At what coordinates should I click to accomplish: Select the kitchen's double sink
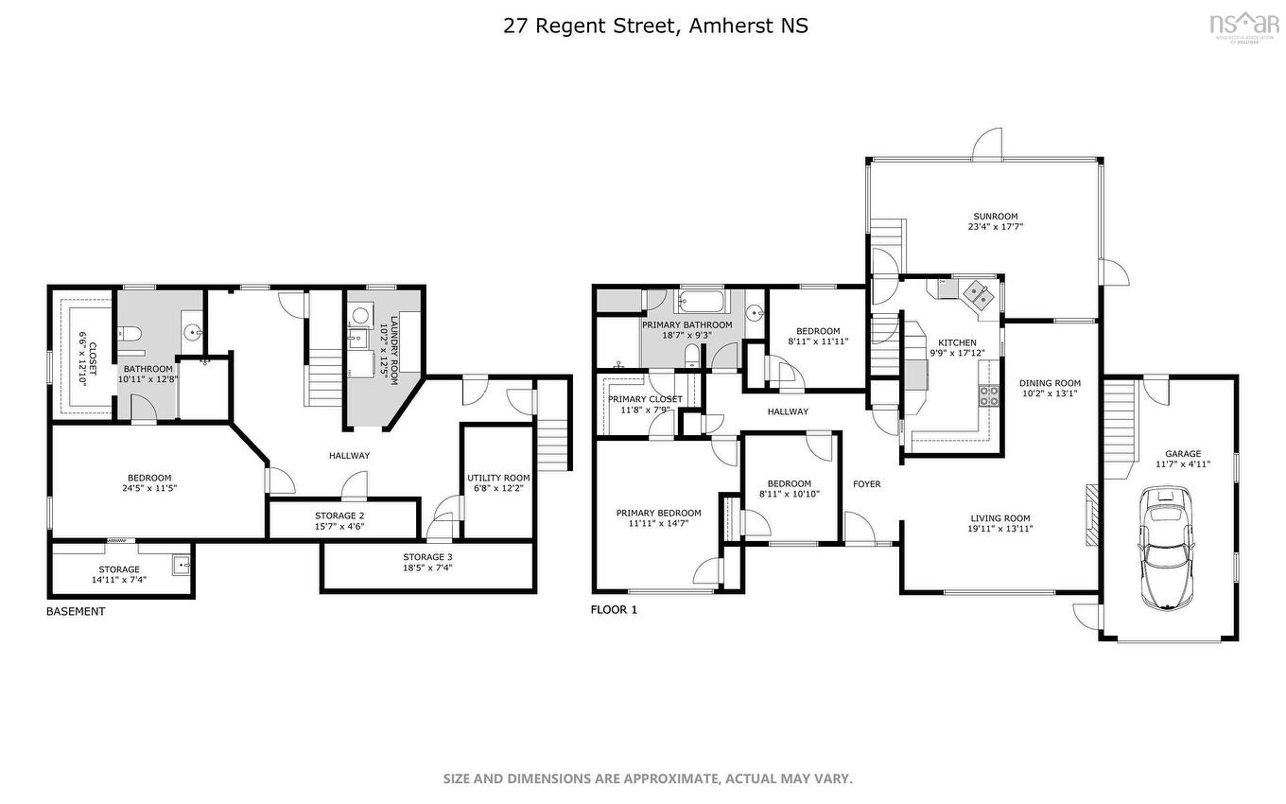(x=977, y=297)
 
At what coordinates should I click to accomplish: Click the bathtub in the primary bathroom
(x=700, y=304)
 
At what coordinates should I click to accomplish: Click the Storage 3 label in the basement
(x=427, y=557)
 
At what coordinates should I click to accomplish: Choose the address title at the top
(x=655, y=26)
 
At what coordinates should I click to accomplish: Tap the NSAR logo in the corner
(x=1243, y=23)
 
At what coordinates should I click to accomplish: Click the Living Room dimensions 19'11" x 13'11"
(x=999, y=529)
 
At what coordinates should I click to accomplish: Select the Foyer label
(x=866, y=484)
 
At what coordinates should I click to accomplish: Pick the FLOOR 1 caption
(x=614, y=610)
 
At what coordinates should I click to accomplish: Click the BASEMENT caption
(x=76, y=611)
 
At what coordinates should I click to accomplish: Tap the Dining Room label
(x=1049, y=383)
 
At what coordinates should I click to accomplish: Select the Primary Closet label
(x=645, y=399)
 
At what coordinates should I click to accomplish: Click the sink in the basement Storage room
(x=182, y=566)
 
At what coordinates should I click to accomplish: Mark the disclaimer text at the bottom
(x=648, y=778)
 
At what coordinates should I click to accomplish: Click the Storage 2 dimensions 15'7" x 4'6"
(x=339, y=527)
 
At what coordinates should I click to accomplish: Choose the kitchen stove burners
(x=988, y=395)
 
